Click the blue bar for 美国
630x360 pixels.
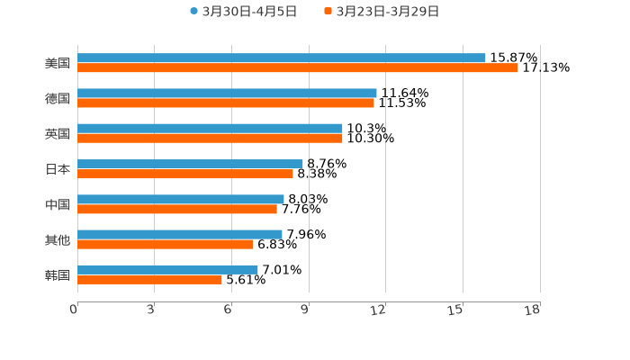pos(281,58)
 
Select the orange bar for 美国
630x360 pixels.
pos(297,68)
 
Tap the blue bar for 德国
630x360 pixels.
pos(227,93)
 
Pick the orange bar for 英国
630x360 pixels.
pos(210,139)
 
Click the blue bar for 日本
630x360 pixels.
pos(190,164)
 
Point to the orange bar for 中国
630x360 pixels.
pos(177,210)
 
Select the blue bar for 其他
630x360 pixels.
pos(180,234)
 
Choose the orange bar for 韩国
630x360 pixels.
pos(149,280)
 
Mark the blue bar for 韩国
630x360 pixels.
pos(167,269)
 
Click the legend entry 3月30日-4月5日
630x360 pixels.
pos(248,12)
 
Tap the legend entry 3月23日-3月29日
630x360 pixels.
pos(387,12)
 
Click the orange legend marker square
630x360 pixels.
pos(328,12)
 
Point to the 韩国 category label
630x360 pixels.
pos(58,274)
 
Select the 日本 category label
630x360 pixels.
pos(58,169)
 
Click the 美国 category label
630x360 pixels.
pos(58,63)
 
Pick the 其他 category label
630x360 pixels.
pos(58,239)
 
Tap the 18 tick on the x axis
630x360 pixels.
pos(533,310)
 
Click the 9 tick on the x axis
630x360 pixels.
pos(304,310)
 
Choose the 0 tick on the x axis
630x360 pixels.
pos(74,310)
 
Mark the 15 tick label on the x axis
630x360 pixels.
pos(456,310)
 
